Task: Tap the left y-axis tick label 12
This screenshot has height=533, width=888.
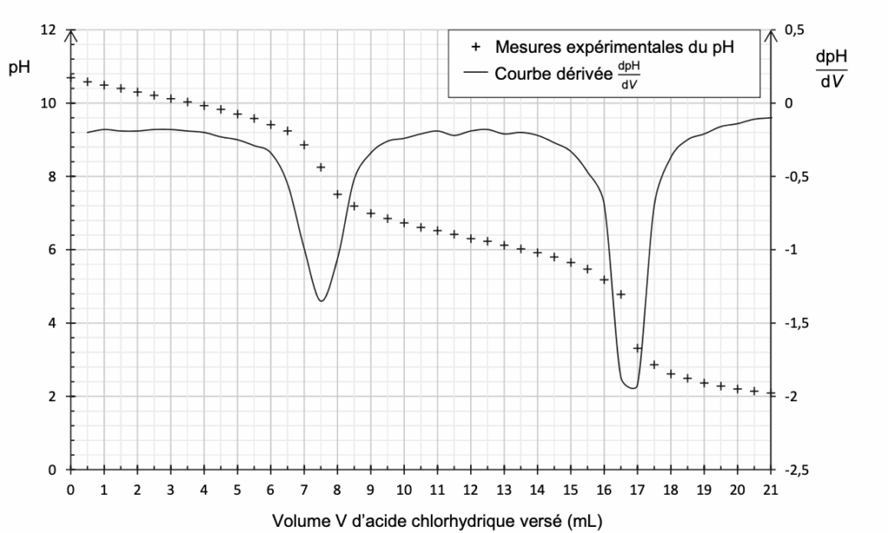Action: [x=48, y=30]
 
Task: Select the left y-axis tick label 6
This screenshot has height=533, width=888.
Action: [x=53, y=250]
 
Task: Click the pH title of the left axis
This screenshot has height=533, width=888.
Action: [x=19, y=68]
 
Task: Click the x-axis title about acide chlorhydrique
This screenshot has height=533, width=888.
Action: [x=436, y=521]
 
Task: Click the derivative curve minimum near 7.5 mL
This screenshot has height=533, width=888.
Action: [x=321, y=301]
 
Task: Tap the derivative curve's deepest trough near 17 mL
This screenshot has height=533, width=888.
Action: [x=634, y=387]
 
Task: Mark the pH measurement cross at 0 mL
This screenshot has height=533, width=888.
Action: [x=71, y=77]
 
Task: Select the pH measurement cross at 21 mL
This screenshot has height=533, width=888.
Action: [x=770, y=393]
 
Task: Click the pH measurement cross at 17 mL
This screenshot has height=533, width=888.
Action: [x=637, y=348]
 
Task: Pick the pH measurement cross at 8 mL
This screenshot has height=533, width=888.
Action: [x=337, y=194]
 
